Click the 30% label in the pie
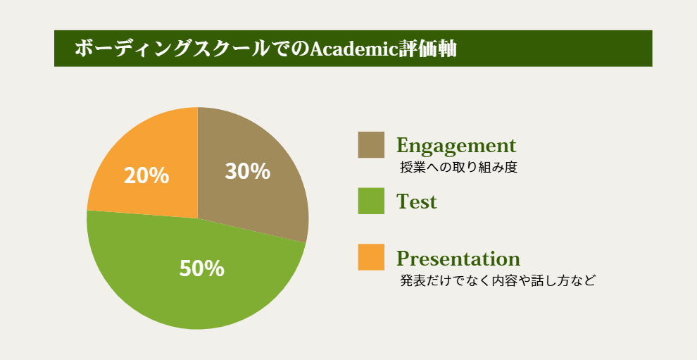coord(248,171)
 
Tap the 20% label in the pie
coord(146,175)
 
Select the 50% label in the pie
coord(202,269)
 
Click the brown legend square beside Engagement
coord(371,144)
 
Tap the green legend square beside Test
coord(371,201)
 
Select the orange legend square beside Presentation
coord(371,257)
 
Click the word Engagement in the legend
coord(456,146)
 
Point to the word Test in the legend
coord(417,201)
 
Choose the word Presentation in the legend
coord(458,258)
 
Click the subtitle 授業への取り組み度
coord(459,168)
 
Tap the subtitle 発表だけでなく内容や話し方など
coord(498,281)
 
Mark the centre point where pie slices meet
coord(198,218)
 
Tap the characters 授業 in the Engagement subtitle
coord(412,168)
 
